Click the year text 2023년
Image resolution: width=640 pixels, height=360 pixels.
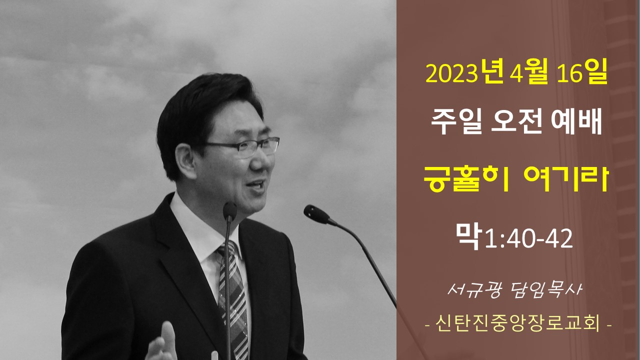point(464,72)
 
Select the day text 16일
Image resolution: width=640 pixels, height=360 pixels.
point(582,72)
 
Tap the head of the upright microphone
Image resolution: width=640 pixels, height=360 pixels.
point(229,211)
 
